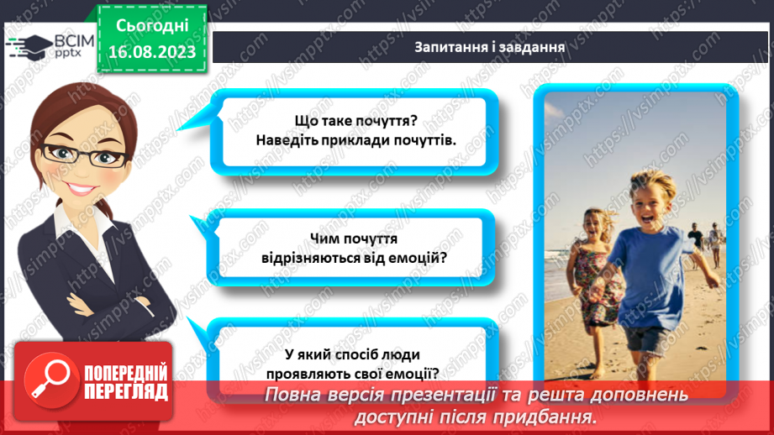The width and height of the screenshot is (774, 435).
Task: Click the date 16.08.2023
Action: coord(151,51)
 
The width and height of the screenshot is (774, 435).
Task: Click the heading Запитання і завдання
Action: coord(488,46)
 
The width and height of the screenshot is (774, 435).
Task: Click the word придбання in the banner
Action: coord(555,417)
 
